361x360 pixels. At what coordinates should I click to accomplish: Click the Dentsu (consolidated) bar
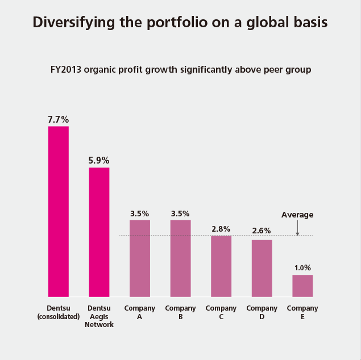point(59,211)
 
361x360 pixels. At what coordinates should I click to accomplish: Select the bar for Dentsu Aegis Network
point(99,232)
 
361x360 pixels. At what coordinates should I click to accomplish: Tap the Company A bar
point(140,258)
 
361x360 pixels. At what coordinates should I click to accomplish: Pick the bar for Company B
point(180,258)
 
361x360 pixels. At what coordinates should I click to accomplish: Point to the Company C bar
point(221,266)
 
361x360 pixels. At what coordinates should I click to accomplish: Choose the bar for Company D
point(262,268)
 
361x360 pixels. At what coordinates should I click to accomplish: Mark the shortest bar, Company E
point(302,286)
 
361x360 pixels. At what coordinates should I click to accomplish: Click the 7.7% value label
point(59,119)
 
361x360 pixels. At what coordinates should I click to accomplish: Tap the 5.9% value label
point(99,161)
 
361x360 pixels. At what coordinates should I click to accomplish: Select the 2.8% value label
point(221,229)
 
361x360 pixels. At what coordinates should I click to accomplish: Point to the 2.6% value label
point(262,231)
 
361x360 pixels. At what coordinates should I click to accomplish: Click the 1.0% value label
point(302,267)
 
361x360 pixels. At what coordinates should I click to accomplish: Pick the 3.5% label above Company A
point(140,214)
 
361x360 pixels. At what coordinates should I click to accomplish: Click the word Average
point(297,215)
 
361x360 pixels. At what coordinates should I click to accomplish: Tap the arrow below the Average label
point(297,228)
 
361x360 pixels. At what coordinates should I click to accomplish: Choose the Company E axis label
point(302,312)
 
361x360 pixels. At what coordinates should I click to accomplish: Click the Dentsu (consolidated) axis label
point(58,312)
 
